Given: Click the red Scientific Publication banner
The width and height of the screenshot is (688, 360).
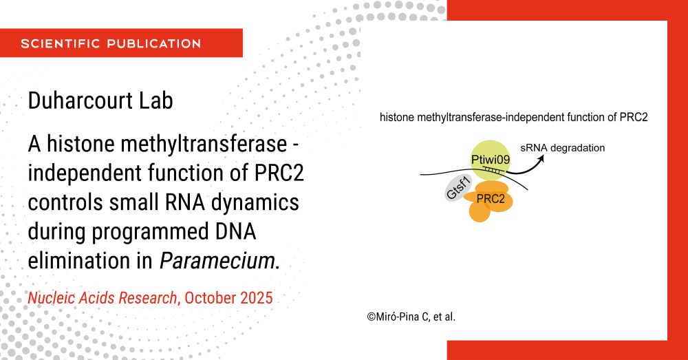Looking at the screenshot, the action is coord(121,43).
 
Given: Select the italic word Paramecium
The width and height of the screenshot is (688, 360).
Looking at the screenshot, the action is coord(217,261).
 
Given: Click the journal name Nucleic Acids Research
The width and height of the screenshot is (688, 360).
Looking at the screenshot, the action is coord(103,298).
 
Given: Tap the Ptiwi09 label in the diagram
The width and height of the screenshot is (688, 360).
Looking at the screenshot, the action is coord(490,160).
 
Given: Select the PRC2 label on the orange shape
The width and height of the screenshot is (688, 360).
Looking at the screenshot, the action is coord(491,199).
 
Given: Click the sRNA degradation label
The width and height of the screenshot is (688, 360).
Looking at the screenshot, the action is coord(563,148).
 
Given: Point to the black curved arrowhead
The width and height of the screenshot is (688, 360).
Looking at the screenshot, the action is coord(541,158).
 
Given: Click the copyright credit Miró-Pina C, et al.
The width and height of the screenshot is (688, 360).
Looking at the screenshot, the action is coord(411,317).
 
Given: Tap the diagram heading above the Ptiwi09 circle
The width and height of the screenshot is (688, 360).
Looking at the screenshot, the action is coord(513,118).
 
